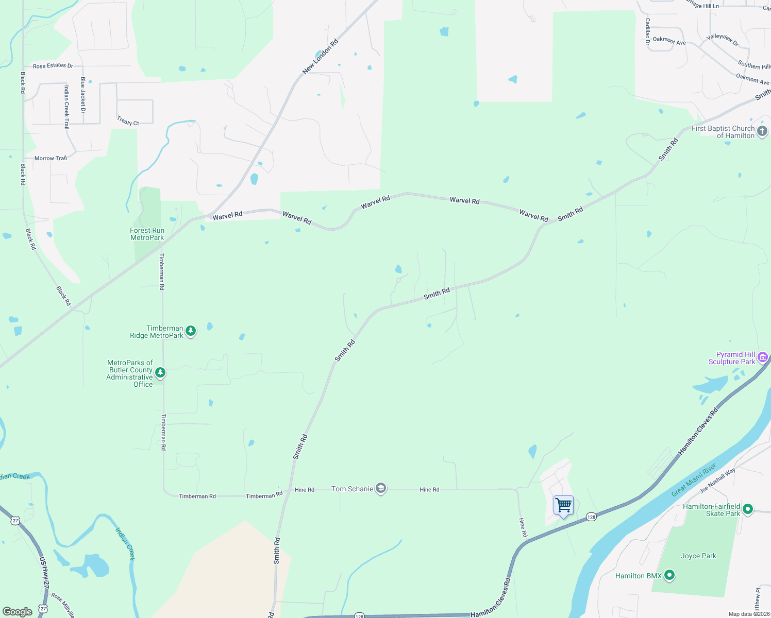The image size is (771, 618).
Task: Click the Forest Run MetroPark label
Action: tap(147, 234)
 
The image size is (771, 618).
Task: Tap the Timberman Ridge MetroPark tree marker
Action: tap(191, 331)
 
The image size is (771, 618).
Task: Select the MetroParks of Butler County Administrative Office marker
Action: tap(160, 372)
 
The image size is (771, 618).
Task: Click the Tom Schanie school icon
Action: tap(381, 489)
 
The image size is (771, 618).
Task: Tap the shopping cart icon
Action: tap(563, 505)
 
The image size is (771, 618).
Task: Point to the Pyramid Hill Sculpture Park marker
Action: tap(763, 357)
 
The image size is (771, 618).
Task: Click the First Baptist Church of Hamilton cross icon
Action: tap(762, 131)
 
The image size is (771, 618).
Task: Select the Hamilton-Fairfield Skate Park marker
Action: tap(748, 509)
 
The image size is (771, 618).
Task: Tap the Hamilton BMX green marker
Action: tap(669, 575)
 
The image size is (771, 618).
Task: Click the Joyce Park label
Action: tap(698, 556)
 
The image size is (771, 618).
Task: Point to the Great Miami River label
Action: tap(694, 480)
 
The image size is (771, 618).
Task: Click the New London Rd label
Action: tap(320, 57)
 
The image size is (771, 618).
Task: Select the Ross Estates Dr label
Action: tap(53, 66)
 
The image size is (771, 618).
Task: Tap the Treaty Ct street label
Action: tap(128, 122)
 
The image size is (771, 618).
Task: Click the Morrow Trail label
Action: tap(51, 158)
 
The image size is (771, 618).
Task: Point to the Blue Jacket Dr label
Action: tap(83, 95)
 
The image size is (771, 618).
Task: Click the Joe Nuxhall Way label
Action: tap(717, 481)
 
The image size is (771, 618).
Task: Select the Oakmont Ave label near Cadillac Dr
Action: tap(669, 41)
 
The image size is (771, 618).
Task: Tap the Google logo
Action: tap(18, 612)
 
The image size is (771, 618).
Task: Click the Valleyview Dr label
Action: tap(723, 40)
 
